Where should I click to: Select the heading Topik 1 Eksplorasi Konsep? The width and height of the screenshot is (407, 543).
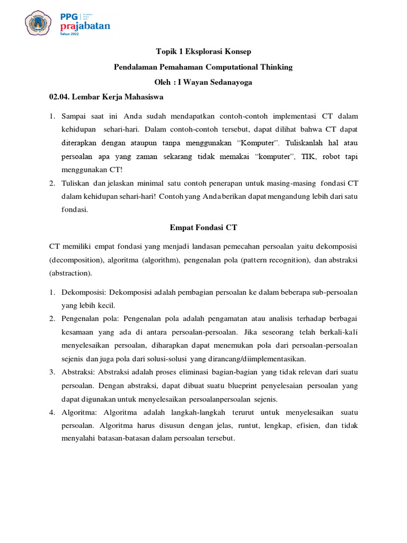pos(203,52)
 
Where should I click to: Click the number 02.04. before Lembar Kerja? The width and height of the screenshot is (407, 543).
pos(59,98)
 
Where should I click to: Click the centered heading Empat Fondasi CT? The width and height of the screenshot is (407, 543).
pos(203,227)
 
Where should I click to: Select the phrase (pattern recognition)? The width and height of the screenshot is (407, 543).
pos(278,260)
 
